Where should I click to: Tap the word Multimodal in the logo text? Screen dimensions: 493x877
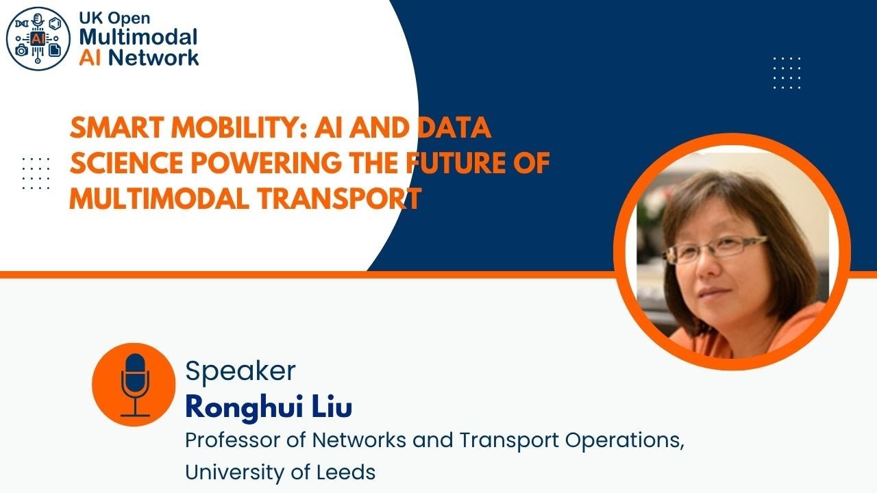[x=138, y=37]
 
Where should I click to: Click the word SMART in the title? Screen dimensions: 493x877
[x=111, y=129]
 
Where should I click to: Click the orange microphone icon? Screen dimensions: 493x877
[x=134, y=385]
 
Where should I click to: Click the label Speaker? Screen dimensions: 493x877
[x=240, y=371]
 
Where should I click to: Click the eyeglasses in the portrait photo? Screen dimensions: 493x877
[x=713, y=249]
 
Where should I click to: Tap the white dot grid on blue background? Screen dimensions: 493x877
[x=787, y=73]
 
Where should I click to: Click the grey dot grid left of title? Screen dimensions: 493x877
[x=36, y=173]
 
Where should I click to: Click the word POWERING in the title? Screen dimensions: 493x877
[x=259, y=164]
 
